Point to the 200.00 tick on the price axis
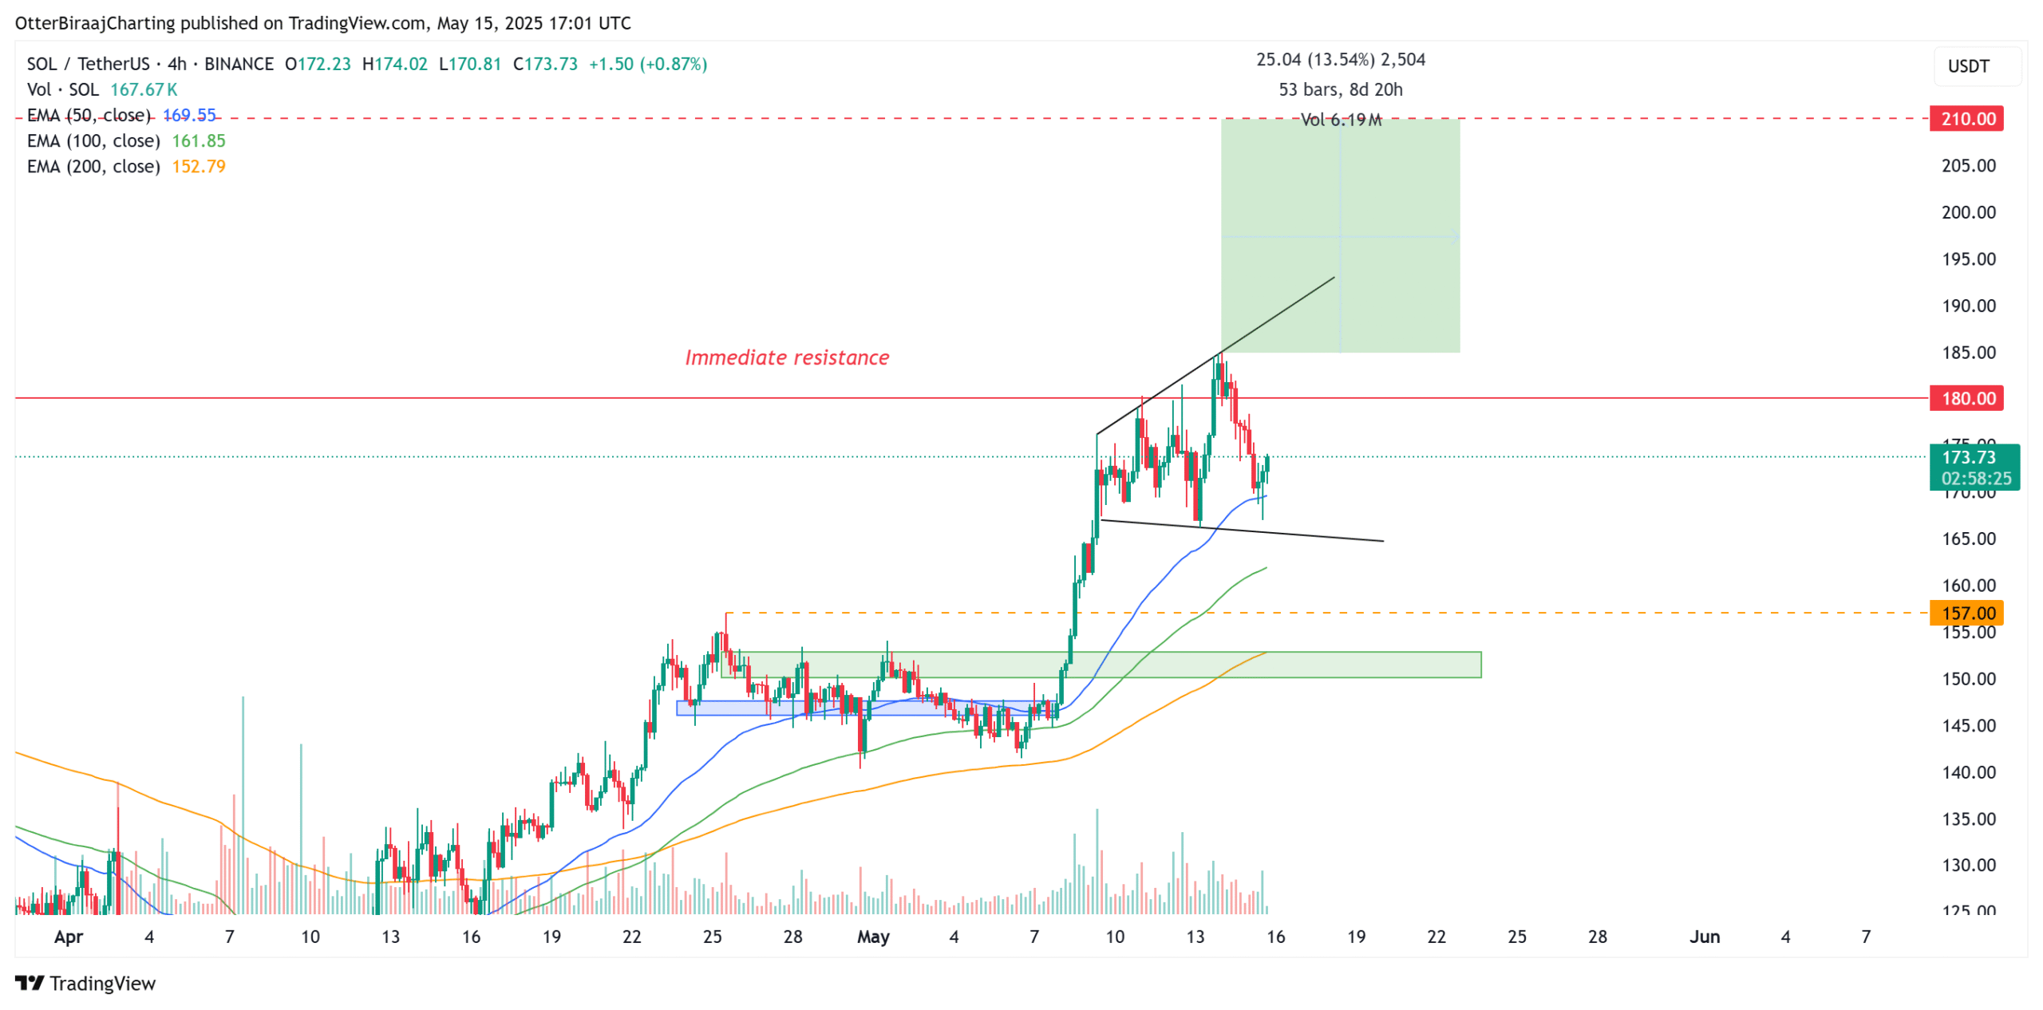(1968, 212)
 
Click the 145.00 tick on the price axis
(1968, 725)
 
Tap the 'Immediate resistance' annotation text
(786, 357)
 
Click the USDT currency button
(1968, 66)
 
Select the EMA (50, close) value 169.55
(189, 115)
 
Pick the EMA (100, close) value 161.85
(198, 140)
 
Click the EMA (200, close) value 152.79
(198, 166)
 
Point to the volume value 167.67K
(144, 89)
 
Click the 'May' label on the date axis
(872, 937)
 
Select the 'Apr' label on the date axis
(69, 937)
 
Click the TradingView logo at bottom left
(85, 983)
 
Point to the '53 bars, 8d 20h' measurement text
(1340, 89)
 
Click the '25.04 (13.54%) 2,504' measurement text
(1340, 60)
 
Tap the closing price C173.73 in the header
(545, 64)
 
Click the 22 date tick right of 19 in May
(1436, 937)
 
